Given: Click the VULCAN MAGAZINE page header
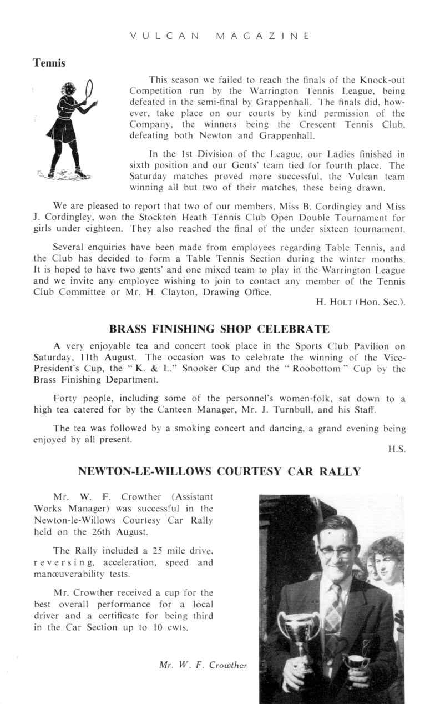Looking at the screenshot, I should pos(219,36).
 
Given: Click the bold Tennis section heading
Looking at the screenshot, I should pos(49,63).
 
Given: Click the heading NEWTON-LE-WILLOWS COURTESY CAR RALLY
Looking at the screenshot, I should pos(220,472).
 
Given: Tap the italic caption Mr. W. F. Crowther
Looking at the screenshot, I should pos(203,665).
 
